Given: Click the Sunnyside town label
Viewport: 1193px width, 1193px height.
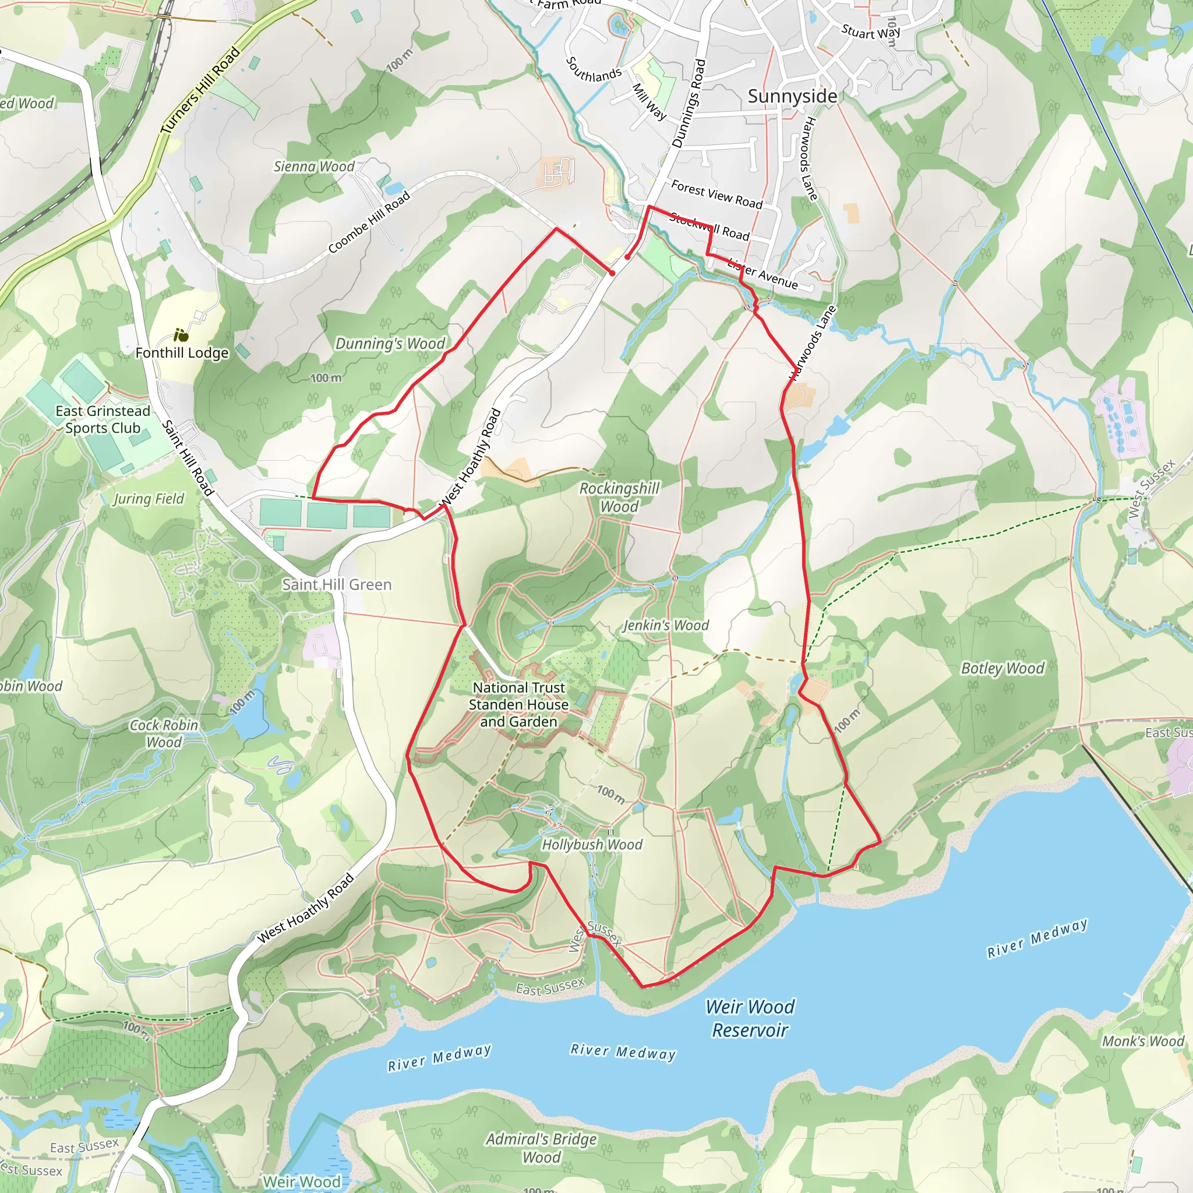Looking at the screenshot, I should click(792, 96).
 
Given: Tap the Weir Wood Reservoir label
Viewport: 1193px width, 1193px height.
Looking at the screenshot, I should click(750, 1018).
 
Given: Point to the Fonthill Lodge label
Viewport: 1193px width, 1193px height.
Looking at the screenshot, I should click(182, 352).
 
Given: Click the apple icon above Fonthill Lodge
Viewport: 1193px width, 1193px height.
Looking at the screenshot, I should click(181, 336).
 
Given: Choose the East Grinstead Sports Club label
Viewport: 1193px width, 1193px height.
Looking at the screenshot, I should click(103, 419).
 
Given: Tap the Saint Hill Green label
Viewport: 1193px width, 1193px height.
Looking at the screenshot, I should click(337, 584).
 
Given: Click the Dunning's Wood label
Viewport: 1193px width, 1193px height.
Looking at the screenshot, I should click(390, 343).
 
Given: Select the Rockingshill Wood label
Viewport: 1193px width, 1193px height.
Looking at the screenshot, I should click(619, 497).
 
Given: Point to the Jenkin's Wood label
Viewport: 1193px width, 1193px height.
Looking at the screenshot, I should click(666, 625).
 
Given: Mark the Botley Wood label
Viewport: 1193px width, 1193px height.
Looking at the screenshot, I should click(1002, 668).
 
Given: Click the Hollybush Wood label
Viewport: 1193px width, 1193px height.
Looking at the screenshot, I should click(592, 844).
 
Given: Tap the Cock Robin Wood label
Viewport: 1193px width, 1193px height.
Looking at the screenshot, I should click(164, 733).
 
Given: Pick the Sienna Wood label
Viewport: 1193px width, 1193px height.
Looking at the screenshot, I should click(314, 166).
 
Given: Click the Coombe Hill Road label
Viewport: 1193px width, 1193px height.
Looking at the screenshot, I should click(369, 223).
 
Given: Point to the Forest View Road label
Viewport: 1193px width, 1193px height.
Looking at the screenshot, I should click(716, 194).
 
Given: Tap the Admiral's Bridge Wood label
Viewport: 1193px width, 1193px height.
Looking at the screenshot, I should click(542, 1148).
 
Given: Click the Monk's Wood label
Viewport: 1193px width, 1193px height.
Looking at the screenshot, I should click(1143, 1041).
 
